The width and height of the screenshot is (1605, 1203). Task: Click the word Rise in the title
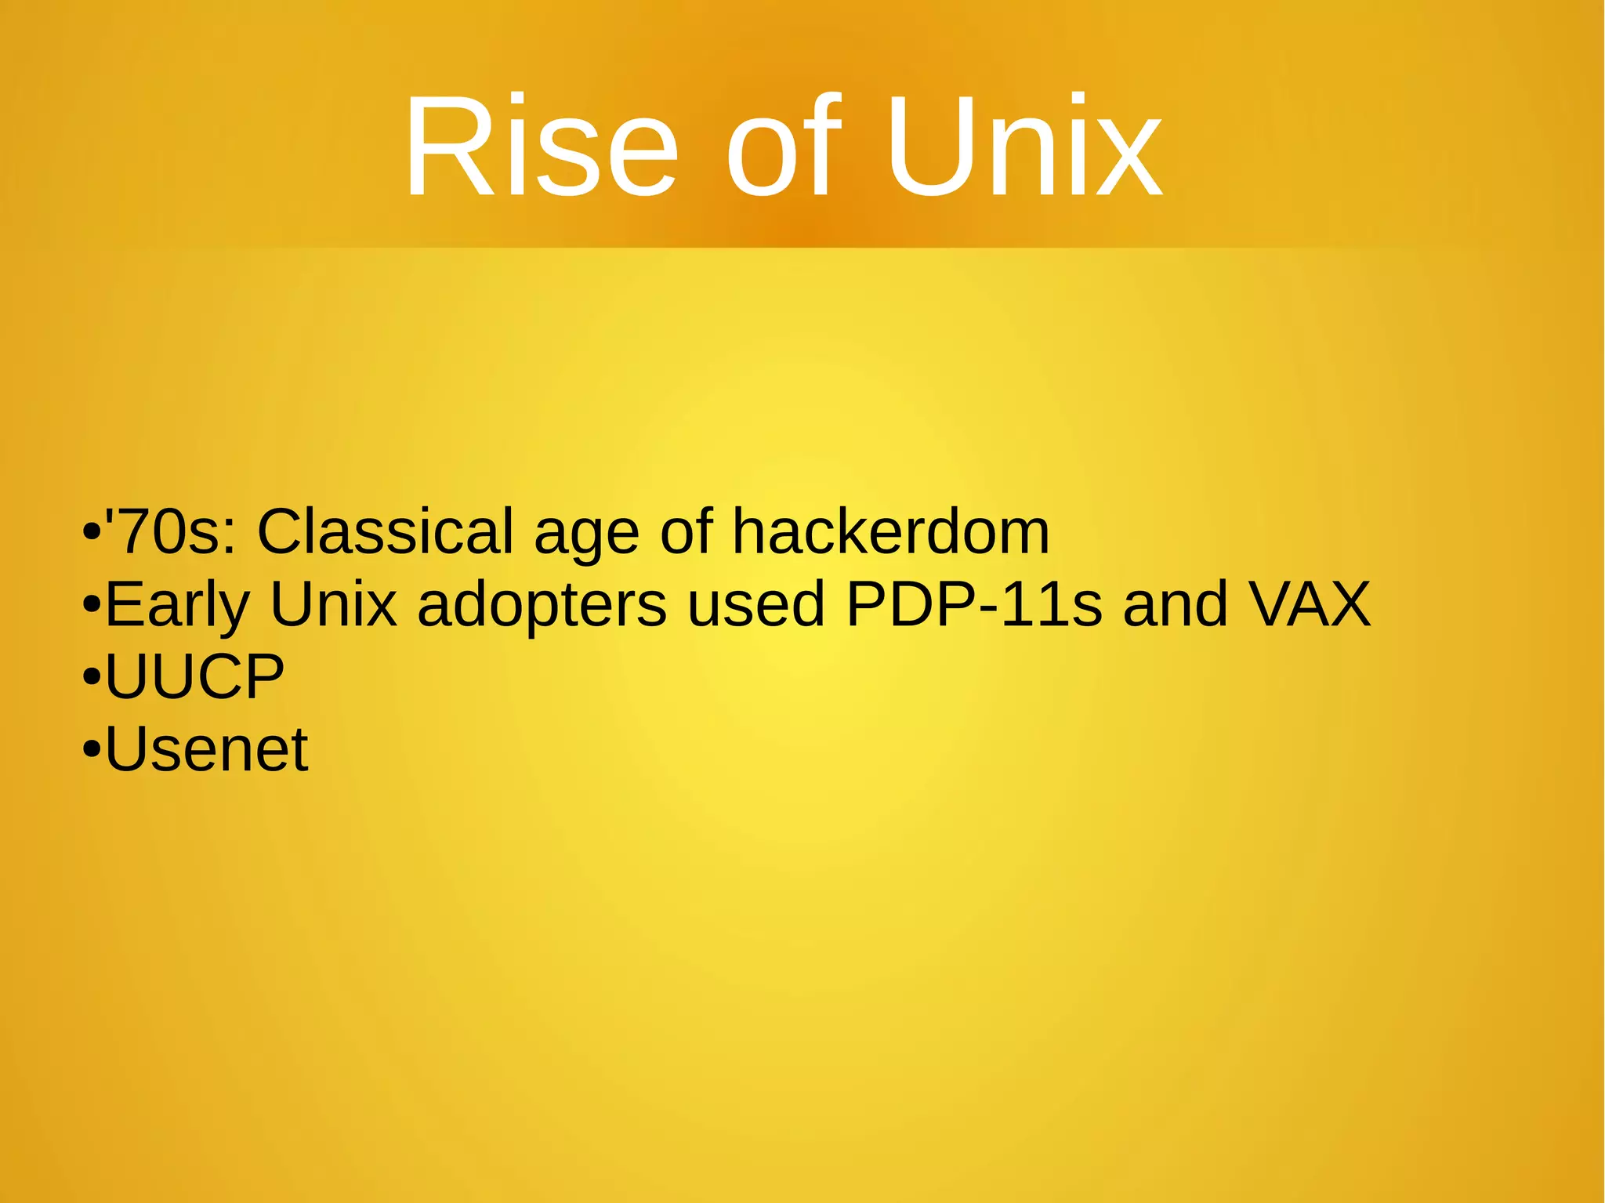(x=540, y=147)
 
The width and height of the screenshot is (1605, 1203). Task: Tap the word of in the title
(x=783, y=147)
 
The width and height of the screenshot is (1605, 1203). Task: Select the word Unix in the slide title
(x=1024, y=147)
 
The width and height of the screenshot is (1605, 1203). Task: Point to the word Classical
(x=385, y=532)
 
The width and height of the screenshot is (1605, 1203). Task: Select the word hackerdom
(x=890, y=532)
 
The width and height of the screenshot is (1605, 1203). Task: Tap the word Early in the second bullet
(x=177, y=606)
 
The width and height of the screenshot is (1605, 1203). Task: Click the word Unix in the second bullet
(x=334, y=604)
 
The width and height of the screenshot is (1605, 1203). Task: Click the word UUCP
(x=194, y=676)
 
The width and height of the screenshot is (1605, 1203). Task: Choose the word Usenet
(x=206, y=749)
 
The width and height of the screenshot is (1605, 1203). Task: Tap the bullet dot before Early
(x=92, y=606)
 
